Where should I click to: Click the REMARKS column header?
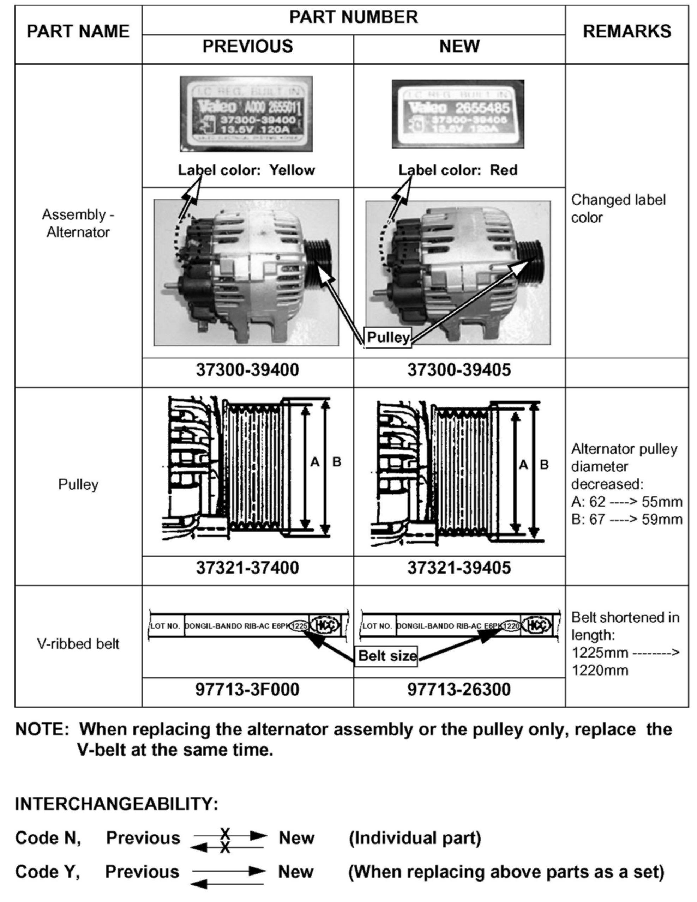coord(626,32)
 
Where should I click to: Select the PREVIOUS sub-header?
coord(247,46)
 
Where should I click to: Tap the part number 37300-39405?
coord(459,370)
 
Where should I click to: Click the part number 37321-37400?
coord(247,568)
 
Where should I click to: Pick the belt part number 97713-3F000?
coord(247,690)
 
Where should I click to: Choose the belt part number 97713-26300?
coord(459,690)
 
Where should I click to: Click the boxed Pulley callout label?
coord(387,338)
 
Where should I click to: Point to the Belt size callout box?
coord(387,656)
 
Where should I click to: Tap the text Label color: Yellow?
coord(246,170)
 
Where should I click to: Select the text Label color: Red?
coord(458,170)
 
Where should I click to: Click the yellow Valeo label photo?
coord(246,114)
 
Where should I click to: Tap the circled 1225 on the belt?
coord(299,626)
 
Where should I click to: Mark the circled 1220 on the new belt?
coord(511,626)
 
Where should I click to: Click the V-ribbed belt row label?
coord(78,644)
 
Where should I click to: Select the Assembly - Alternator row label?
coord(78,223)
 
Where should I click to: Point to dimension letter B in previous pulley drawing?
coord(337,462)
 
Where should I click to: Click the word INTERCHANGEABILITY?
coord(116,804)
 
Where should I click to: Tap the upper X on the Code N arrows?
coord(225,833)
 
